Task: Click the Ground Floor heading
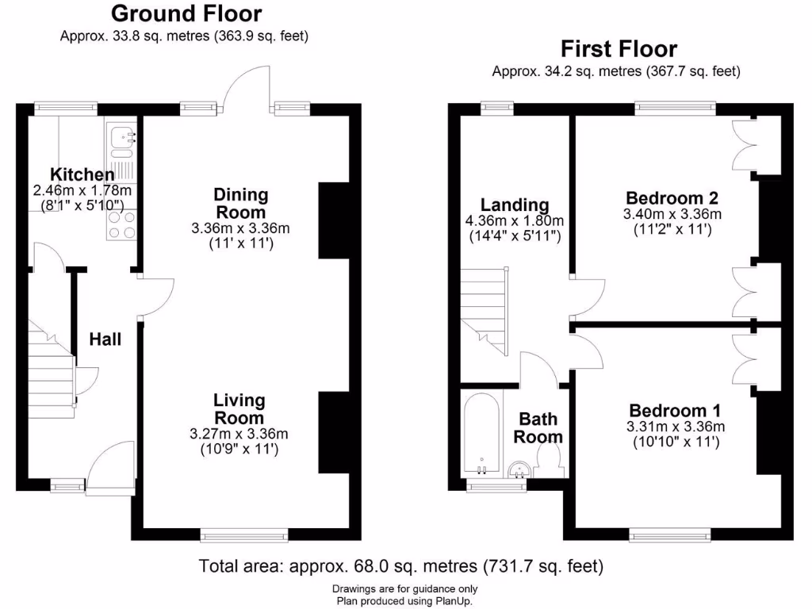coord(186,13)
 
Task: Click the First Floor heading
coord(619,49)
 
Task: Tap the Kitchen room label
coord(82,174)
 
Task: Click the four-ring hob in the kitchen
coord(121,224)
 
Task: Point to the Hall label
coord(105,339)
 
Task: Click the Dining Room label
coord(241,203)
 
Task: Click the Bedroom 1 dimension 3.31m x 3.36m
coord(675,427)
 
